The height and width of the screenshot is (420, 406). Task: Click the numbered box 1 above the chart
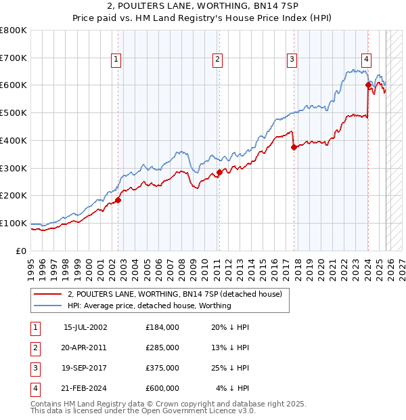coord(116,60)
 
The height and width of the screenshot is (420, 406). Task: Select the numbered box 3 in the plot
coord(292,60)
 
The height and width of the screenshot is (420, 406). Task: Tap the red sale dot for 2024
coord(369,85)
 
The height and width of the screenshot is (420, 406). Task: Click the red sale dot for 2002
coord(118,200)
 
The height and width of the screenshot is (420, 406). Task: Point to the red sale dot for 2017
coord(294,147)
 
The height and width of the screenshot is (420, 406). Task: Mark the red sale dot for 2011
coord(219,172)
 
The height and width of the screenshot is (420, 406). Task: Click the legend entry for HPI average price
coord(149,306)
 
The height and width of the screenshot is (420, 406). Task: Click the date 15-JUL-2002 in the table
coord(85,327)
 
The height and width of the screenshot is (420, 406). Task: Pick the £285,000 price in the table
coord(162,348)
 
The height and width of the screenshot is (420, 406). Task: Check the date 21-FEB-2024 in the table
coord(85,388)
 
